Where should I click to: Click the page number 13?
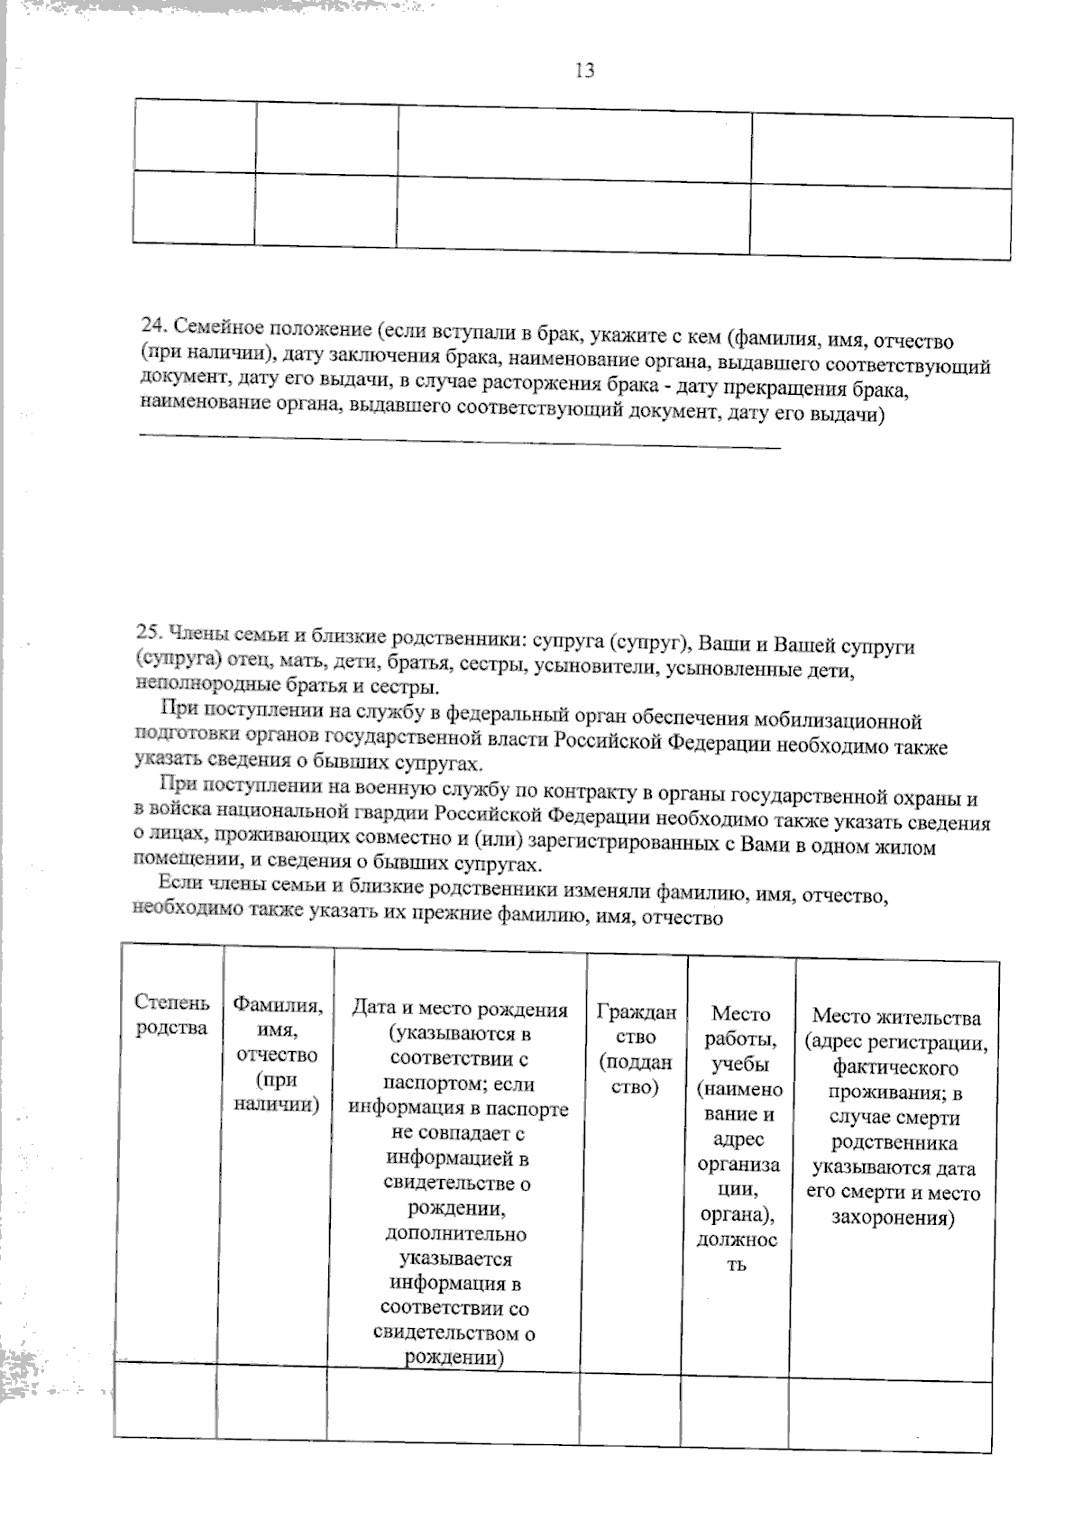click(x=584, y=70)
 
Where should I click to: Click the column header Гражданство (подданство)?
click(x=636, y=1049)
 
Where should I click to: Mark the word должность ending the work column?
click(x=738, y=1252)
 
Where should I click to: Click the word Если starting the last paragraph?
click(x=179, y=882)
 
